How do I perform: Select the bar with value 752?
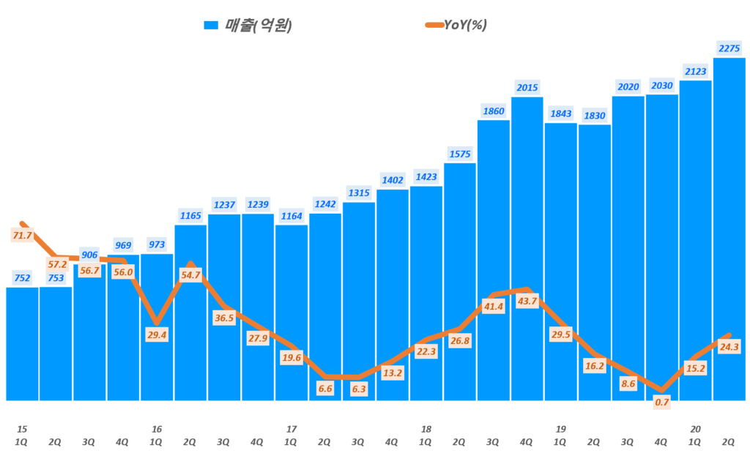(22, 343)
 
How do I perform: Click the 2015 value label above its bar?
(527, 88)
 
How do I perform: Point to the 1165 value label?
(190, 215)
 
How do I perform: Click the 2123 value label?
(695, 71)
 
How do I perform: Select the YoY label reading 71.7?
(22, 235)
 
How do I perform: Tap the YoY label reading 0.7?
(661, 401)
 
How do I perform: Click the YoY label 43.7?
(527, 301)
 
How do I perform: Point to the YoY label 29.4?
(157, 334)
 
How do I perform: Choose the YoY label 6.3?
(358, 389)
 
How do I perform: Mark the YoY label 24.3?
(729, 347)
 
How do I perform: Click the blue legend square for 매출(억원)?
(211, 25)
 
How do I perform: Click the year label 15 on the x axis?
(22, 429)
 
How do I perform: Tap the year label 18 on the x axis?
(426, 429)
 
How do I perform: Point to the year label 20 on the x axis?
(695, 429)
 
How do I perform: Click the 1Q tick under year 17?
(291, 442)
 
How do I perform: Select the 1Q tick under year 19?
(560, 442)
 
